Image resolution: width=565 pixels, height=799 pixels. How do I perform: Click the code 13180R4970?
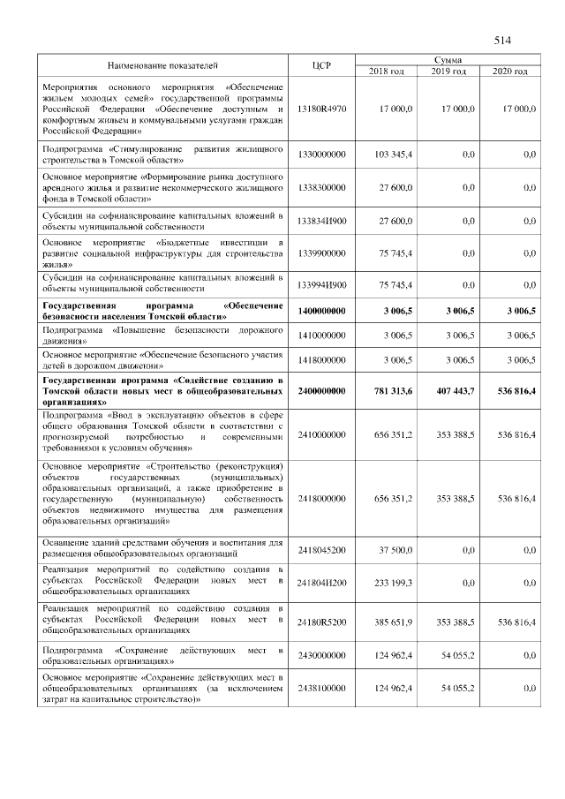pos(321,108)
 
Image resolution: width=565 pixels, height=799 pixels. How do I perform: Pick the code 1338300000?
pos(321,187)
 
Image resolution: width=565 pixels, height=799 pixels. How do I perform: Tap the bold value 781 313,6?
pos(391,389)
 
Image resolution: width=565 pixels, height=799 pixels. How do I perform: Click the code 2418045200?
pos(321,549)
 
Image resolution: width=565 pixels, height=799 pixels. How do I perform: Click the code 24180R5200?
pos(321,622)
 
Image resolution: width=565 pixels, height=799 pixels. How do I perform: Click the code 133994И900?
pos(321,285)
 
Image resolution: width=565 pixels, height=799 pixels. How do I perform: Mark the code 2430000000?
pos(321,655)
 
